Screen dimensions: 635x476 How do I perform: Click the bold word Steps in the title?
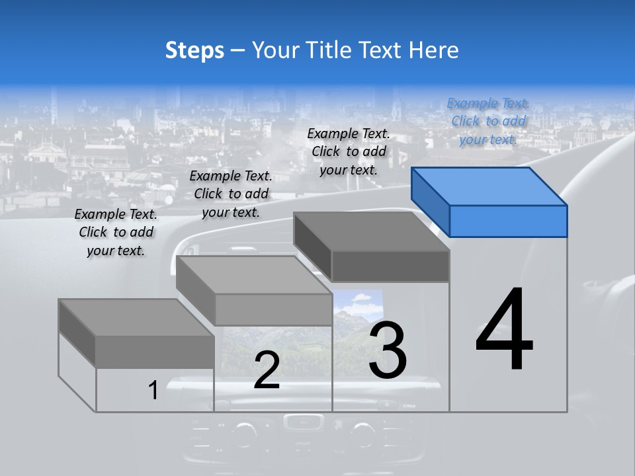pyautogui.click(x=194, y=51)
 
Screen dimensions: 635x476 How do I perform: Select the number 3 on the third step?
pyautogui.click(x=388, y=350)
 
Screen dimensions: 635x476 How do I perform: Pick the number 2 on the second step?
pyautogui.click(x=267, y=370)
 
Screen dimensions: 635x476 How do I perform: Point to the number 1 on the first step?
pyautogui.click(x=153, y=390)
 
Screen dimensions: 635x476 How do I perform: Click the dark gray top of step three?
pyautogui.click(x=370, y=231)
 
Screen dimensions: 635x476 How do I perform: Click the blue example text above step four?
pyautogui.click(x=488, y=121)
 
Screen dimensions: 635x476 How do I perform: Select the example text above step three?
pyautogui.click(x=349, y=151)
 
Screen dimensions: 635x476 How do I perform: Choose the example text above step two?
pyautogui.click(x=231, y=194)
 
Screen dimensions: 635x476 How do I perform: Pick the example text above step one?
pyautogui.click(x=116, y=232)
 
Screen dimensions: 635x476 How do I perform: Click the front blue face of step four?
pyautogui.click(x=508, y=221)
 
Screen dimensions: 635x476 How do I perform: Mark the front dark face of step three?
pyautogui.click(x=390, y=266)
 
